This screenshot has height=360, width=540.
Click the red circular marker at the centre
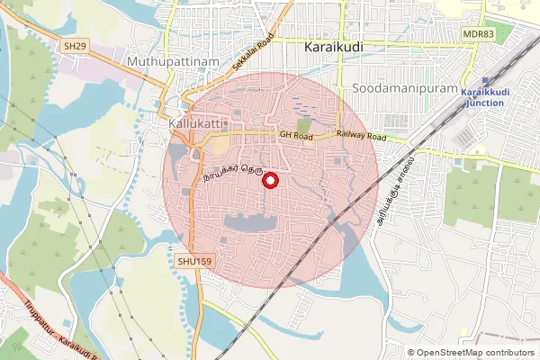(269, 181)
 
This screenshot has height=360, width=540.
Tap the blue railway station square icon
(485, 81)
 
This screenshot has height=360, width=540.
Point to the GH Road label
(294, 135)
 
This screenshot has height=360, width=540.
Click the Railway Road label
(361, 137)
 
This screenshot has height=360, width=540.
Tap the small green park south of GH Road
(305, 125)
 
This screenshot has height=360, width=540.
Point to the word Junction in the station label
(486, 103)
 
